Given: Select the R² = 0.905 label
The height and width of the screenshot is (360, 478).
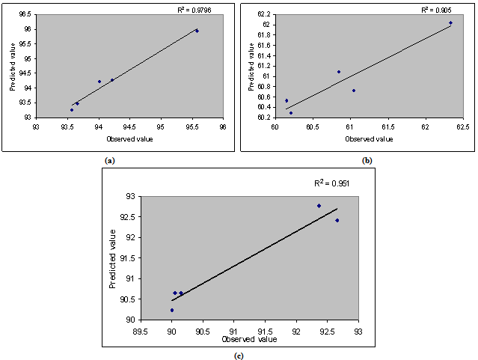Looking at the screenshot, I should [436, 10].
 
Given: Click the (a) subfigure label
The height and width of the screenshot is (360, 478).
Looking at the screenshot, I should [110, 160].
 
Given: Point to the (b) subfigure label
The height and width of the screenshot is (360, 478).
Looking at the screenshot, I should [367, 160].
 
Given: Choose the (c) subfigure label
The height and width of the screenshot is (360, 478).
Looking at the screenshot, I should [239, 355].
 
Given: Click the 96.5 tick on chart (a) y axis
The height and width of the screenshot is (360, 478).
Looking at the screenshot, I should [25, 14].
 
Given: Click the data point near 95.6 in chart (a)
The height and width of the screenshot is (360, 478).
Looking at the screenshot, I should [197, 31].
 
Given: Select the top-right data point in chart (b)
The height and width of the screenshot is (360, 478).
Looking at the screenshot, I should [450, 22].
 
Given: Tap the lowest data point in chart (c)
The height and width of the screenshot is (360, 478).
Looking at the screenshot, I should [171, 310].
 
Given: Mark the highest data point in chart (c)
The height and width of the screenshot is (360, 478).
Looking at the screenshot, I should [319, 206].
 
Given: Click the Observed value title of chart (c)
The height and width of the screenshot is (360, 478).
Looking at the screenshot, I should [249, 339].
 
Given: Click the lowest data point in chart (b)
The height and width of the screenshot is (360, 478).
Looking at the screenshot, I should [291, 113].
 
